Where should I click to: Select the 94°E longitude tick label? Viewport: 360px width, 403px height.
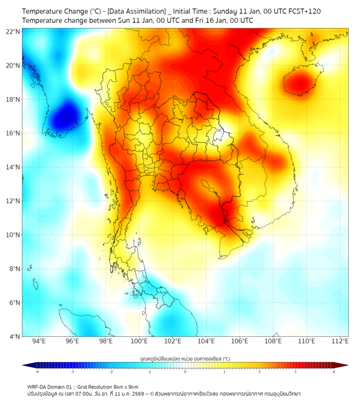(39, 341)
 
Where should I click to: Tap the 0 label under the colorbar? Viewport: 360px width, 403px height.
(185, 372)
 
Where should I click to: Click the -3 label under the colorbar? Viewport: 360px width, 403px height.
(72, 372)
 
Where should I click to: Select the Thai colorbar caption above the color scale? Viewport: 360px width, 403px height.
(185, 358)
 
